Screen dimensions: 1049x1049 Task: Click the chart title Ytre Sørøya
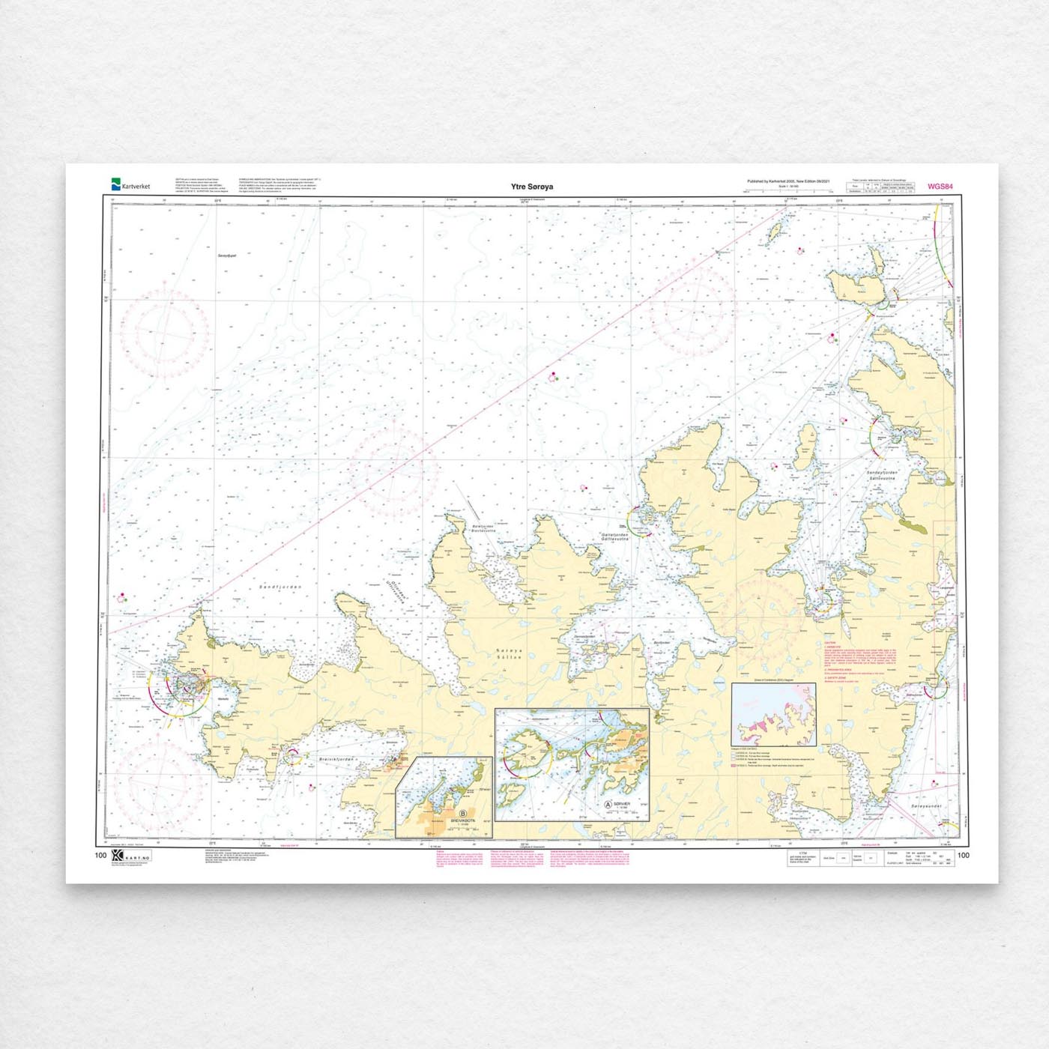coord(532,187)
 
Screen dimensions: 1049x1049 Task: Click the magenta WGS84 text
coord(940,187)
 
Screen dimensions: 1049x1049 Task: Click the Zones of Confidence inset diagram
coord(773,714)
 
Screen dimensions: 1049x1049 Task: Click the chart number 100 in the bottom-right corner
coord(963,856)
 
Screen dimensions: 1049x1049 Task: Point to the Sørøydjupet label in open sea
coord(226,256)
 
